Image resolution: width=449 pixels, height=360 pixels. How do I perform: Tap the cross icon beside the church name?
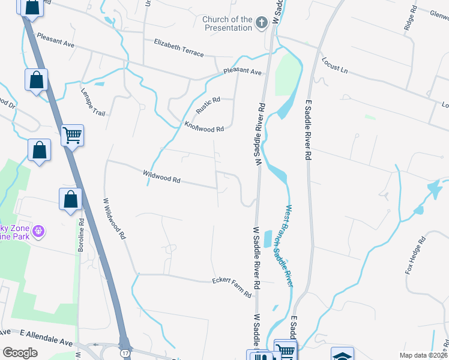[261, 23]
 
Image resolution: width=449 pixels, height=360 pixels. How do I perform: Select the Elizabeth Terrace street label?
[179, 47]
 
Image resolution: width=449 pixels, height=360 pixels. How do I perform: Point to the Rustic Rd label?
[208, 106]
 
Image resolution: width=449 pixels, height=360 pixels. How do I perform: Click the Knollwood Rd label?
[204, 127]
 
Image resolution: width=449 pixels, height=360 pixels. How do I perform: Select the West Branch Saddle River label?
[288, 246]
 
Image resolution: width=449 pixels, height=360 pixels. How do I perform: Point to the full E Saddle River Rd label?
[309, 130]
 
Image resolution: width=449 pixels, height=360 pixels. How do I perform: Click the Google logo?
[20, 353]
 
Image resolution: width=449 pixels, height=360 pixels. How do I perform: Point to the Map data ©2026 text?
[423, 355]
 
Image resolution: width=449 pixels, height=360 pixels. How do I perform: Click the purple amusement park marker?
[39, 230]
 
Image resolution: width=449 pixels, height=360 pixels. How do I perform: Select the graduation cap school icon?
[342, 355]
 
